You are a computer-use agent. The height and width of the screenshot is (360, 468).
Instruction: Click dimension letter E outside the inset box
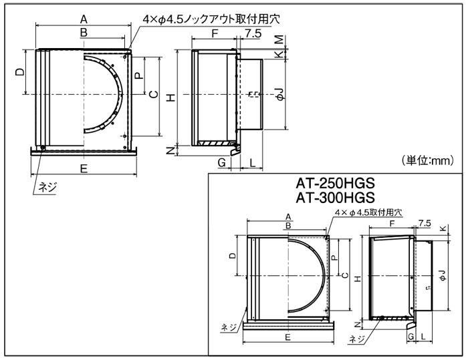[x=84, y=169]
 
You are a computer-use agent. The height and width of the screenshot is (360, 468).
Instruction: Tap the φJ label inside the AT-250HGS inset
[x=442, y=275]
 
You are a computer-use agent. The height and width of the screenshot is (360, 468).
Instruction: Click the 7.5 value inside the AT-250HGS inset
[x=424, y=222]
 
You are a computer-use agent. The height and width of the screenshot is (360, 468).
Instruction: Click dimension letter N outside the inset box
[x=171, y=151]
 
